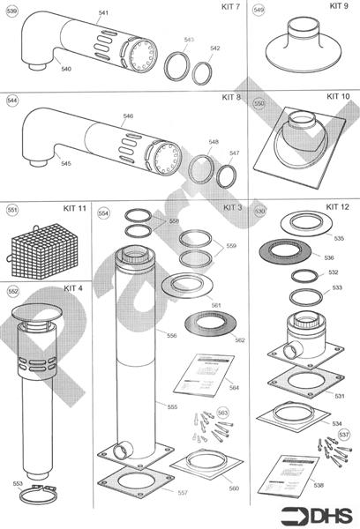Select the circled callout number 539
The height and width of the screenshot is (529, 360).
pos(11,12)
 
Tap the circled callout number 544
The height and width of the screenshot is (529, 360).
pos(11,101)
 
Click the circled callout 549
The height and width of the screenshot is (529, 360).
pos(259,11)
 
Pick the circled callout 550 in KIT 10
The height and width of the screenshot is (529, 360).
pos(259,102)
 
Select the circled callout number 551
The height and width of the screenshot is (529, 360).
pos(11,211)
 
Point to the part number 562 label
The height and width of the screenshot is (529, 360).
pos(240,340)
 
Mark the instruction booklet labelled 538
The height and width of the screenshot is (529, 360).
pos(296,472)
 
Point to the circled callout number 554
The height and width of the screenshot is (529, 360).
pos(103,213)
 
